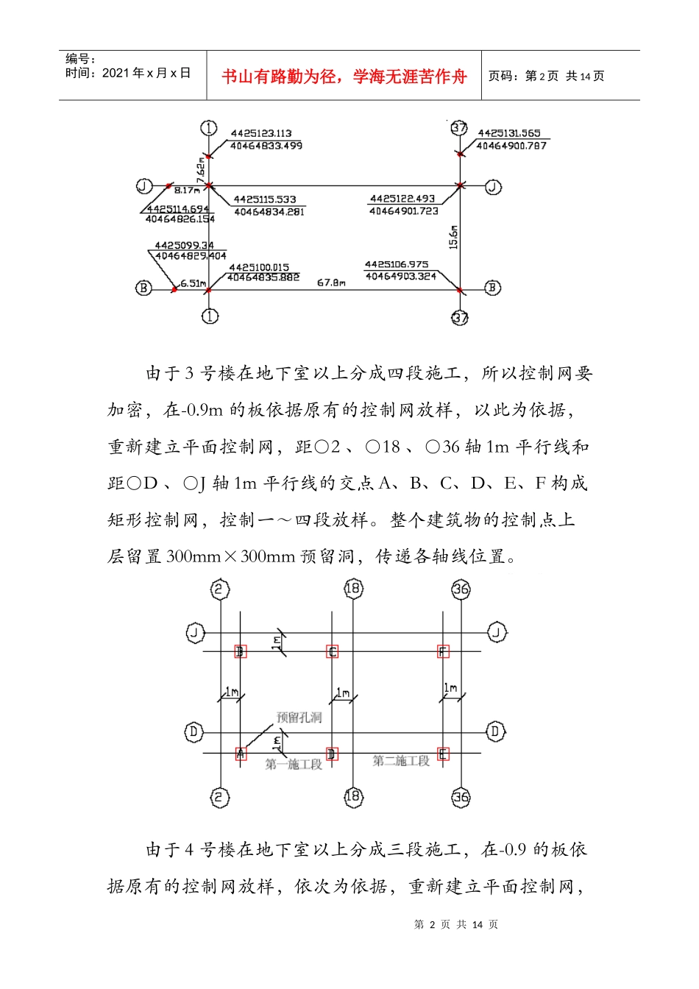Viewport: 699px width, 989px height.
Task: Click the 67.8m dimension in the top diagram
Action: [331, 283]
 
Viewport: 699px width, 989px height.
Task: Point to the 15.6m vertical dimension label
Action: [453, 237]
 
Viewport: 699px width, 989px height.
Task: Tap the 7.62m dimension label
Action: [201, 170]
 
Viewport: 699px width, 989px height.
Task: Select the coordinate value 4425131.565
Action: [509, 133]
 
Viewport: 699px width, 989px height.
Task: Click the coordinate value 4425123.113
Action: [261, 133]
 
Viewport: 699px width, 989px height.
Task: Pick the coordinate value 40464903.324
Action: [401, 276]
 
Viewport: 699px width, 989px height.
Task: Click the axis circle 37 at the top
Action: [459, 127]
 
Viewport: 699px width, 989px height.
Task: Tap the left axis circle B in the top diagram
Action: [143, 288]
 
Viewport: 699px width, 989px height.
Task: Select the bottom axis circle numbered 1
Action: [210, 316]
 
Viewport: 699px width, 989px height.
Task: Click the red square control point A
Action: [241, 754]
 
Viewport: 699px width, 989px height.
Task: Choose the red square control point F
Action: [443, 651]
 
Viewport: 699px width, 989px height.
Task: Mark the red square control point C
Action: [333, 651]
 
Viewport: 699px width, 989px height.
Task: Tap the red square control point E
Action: [443, 754]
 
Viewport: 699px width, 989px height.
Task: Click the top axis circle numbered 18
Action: [353, 588]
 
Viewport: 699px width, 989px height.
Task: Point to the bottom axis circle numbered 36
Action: [461, 797]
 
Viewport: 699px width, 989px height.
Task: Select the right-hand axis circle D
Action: [495, 731]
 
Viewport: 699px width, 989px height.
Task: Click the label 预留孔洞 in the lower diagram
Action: [299, 717]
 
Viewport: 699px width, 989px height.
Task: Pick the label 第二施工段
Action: [401, 761]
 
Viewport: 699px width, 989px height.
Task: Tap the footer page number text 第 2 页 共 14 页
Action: [456, 924]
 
